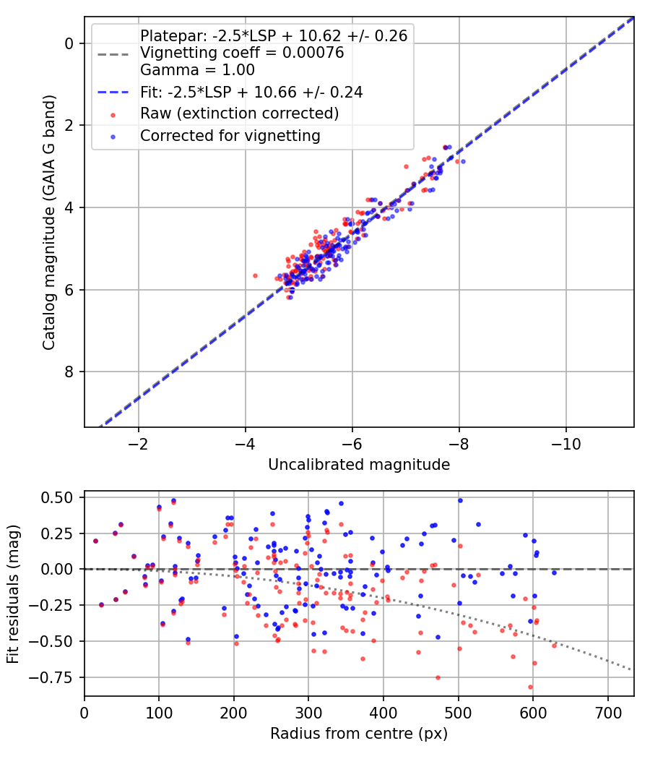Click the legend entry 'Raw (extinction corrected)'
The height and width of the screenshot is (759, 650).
tap(239, 113)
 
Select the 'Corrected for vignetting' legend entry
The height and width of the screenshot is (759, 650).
tap(230, 136)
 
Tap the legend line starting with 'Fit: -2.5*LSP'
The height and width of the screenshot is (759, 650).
tap(251, 92)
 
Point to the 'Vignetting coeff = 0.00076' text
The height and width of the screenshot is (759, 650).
tap(242, 52)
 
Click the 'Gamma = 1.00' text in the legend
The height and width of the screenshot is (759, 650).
tap(197, 69)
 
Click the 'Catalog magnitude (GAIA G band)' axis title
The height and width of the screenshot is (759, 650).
tap(48, 222)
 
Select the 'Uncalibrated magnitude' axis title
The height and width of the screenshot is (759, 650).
tap(359, 465)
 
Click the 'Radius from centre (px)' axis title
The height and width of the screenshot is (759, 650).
tap(359, 734)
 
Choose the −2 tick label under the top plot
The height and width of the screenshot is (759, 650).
tap(139, 444)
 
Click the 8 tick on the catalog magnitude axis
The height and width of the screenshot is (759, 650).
tap(69, 372)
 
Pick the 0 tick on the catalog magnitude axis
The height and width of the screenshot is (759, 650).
tap(69, 43)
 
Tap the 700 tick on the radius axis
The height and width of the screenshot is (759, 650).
tap(607, 713)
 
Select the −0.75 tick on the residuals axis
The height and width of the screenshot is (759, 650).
tap(51, 678)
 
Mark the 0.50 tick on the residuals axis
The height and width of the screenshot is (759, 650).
tap(57, 497)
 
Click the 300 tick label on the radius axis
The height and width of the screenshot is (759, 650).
tap(308, 713)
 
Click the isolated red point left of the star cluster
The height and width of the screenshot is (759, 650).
tap(256, 276)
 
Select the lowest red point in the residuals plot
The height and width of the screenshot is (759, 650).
tap(530, 687)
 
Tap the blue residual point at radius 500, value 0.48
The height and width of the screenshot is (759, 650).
tap(460, 500)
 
